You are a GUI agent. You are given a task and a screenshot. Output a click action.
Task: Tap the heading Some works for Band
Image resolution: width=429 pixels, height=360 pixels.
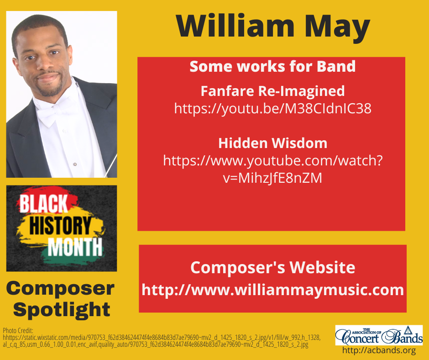(x=272, y=67)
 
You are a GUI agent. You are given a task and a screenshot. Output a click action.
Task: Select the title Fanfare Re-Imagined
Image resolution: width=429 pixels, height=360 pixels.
(x=272, y=91)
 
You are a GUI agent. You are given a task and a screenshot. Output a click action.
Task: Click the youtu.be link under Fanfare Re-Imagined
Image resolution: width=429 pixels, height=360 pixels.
(x=272, y=109)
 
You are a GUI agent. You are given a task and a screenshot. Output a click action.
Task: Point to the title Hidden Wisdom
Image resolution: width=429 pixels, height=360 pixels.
(x=272, y=143)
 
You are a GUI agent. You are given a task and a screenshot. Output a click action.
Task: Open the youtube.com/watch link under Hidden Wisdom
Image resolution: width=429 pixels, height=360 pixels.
(x=272, y=169)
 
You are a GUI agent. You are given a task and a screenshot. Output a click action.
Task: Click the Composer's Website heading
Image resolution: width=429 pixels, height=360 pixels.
(x=272, y=267)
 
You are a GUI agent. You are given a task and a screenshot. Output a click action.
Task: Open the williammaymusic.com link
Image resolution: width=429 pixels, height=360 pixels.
(x=272, y=290)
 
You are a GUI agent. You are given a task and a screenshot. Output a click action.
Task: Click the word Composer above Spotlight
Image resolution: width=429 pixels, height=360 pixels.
(x=60, y=289)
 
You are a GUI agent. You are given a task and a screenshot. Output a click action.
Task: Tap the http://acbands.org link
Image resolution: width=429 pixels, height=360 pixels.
(x=379, y=351)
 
